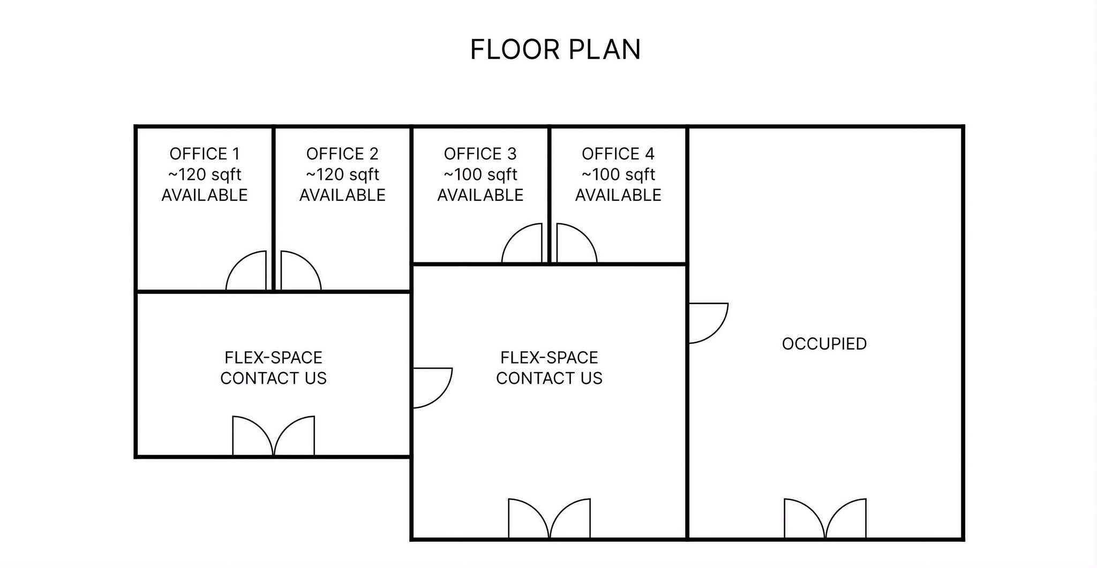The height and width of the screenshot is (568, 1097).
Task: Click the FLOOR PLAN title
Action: (x=555, y=50)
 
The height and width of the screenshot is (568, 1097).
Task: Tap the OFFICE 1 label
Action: (x=205, y=154)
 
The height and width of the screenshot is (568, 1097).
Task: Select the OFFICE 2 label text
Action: (x=342, y=154)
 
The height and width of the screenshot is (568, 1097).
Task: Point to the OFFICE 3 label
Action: (x=480, y=154)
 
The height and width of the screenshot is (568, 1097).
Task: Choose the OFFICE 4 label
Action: (x=618, y=154)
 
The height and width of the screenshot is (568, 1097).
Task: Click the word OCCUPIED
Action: (x=824, y=344)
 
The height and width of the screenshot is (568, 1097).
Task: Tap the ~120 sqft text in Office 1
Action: (x=205, y=175)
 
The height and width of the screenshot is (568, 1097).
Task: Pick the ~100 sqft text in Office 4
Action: (x=618, y=175)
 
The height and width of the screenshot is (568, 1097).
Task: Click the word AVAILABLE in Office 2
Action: (x=342, y=195)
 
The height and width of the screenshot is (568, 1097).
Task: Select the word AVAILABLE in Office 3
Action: (x=480, y=195)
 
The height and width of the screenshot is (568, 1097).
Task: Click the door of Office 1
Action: (x=247, y=271)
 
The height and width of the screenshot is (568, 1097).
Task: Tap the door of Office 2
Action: (x=300, y=271)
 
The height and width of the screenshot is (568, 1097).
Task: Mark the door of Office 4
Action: (x=576, y=244)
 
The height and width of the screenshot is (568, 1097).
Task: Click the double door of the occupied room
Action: (x=825, y=519)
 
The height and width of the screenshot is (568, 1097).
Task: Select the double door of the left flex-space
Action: (x=273, y=436)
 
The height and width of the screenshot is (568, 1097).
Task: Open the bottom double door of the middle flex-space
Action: (x=549, y=519)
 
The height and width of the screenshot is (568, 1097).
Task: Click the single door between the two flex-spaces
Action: (x=432, y=388)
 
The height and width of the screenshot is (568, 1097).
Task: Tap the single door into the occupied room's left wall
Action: (x=708, y=323)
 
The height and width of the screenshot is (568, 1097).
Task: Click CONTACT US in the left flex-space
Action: (x=273, y=378)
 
